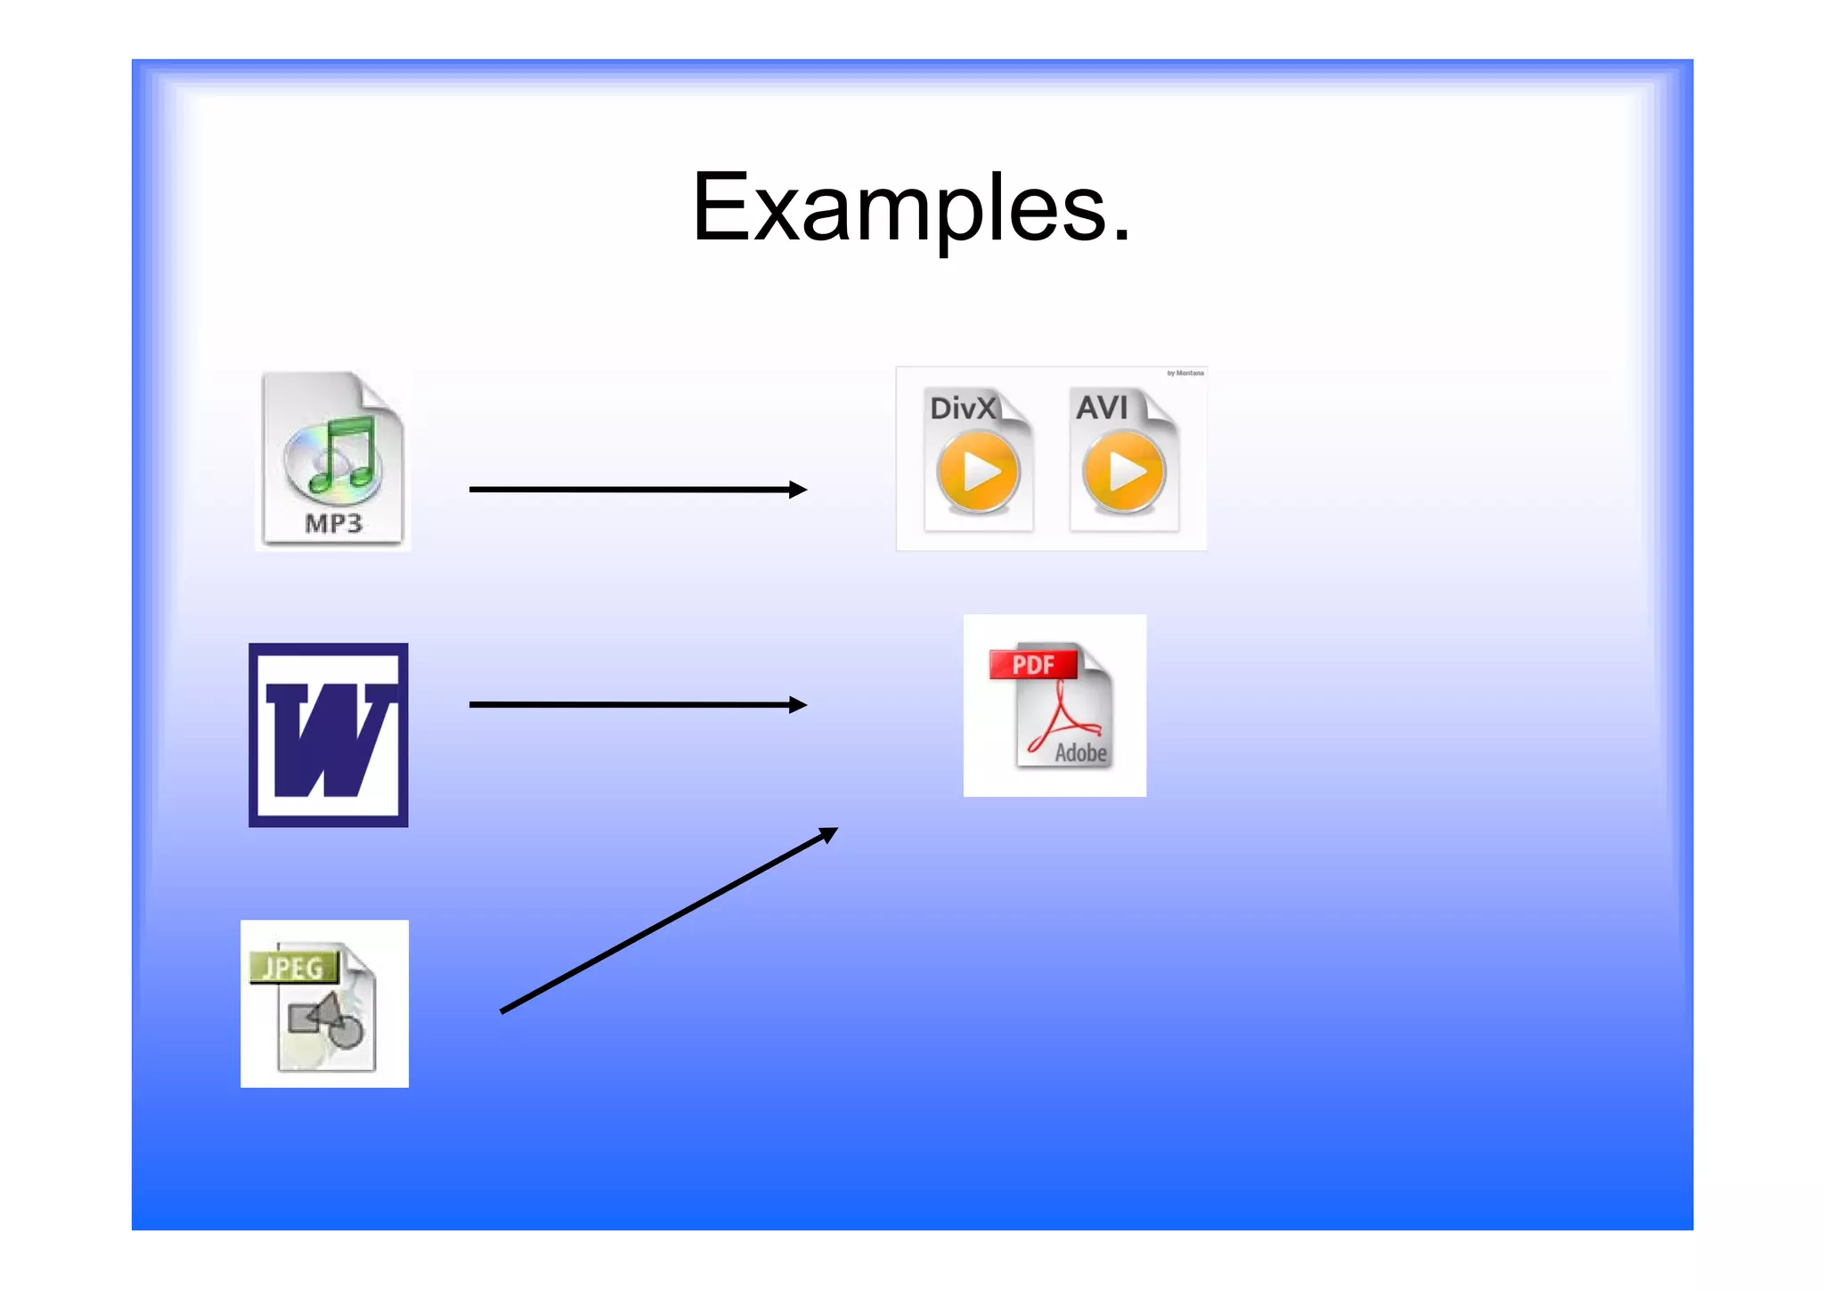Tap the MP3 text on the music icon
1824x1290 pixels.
pyautogui.click(x=333, y=523)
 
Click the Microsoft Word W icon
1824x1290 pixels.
pyautogui.click(x=329, y=735)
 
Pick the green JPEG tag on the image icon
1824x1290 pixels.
pyautogui.click(x=292, y=967)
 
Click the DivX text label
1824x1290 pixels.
pyautogui.click(x=962, y=408)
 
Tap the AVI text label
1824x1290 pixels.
pyautogui.click(x=1102, y=408)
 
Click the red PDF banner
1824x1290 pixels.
pyautogui.click(x=1033, y=664)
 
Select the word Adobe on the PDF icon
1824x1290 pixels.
pyautogui.click(x=1080, y=753)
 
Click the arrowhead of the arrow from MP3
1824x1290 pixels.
pyautogui.click(x=798, y=490)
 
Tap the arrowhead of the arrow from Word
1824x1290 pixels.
pyautogui.click(x=798, y=705)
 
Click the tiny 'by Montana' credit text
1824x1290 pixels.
pyautogui.click(x=1185, y=373)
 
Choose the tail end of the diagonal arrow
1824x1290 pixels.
pyautogui.click(x=504, y=1010)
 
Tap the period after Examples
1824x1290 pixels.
pyautogui.click(x=1121, y=237)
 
